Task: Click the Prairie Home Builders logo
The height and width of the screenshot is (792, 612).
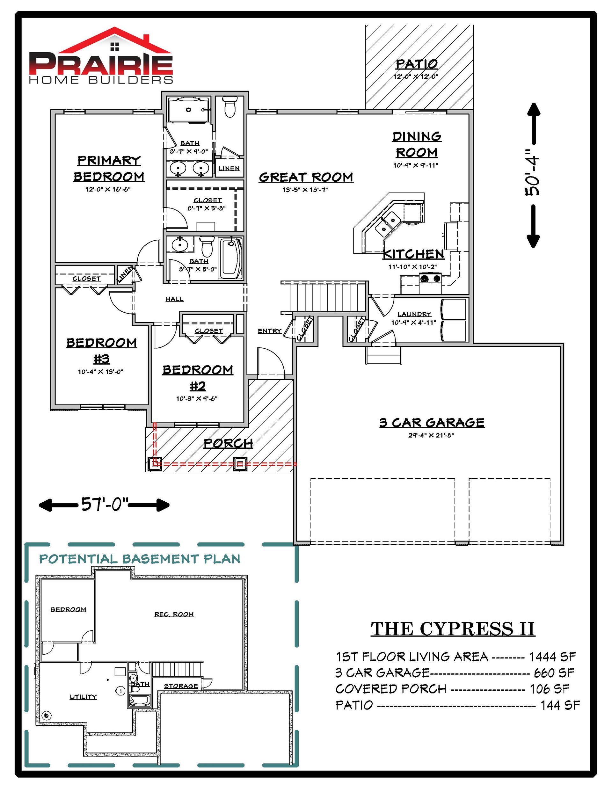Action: point(101,55)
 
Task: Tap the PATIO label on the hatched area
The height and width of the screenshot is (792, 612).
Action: point(417,64)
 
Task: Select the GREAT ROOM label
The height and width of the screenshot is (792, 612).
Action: point(306,177)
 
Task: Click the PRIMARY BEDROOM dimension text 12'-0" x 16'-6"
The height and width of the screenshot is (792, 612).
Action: point(108,189)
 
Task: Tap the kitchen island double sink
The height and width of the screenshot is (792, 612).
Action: point(387,224)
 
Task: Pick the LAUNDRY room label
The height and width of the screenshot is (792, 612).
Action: point(414,314)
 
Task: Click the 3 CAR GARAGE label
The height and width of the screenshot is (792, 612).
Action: point(432,423)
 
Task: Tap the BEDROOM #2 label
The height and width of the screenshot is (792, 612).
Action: point(198,377)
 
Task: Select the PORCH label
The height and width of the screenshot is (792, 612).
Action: point(228,443)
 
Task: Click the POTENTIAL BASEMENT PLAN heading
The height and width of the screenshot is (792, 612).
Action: point(140,559)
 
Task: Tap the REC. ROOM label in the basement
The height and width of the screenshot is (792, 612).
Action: point(174,614)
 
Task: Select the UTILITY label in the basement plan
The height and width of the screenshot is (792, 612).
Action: point(83,697)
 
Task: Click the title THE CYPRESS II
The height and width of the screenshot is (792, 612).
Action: point(452,629)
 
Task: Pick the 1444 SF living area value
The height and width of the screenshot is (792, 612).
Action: point(552,656)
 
